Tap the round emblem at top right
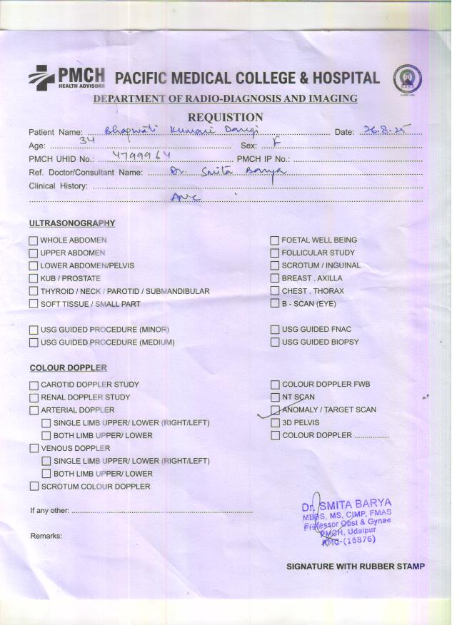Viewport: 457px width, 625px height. [408, 78]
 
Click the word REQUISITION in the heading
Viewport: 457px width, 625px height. [225, 117]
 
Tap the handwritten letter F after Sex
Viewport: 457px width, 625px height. [277, 143]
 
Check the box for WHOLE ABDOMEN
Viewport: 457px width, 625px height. [33, 240]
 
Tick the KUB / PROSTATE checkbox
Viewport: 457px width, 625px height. [33, 279]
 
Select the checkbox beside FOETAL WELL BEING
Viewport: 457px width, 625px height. [274, 240]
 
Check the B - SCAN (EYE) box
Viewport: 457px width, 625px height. [274, 304]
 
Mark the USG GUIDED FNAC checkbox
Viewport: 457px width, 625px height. [275, 330]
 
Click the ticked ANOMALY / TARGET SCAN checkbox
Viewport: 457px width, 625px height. [275, 410]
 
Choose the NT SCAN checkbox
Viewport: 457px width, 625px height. [275, 397]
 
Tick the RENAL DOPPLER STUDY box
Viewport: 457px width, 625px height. [34, 397]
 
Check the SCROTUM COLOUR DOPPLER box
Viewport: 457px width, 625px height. [34, 487]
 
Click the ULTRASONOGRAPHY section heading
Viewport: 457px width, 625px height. [72, 223]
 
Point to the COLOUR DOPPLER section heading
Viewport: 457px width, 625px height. [68, 368]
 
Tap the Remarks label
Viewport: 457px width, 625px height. [46, 535]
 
